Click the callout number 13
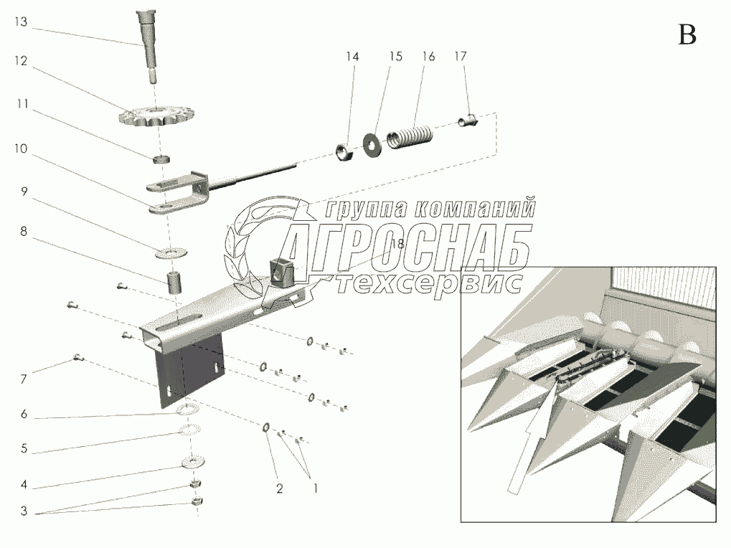coord(21,22)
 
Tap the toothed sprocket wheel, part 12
coord(157,116)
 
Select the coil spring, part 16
coord(410,135)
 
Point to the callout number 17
coord(460,57)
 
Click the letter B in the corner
coord(687,34)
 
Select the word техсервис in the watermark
coord(428,283)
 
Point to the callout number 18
coord(397,243)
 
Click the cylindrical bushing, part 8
coord(175,282)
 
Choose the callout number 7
coord(24,379)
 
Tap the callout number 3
coord(24,511)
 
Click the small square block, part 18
coord(282,273)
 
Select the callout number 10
coord(21,148)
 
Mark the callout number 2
coord(279,488)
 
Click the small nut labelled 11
coord(161,159)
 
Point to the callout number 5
coord(24,449)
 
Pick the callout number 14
coord(352,57)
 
